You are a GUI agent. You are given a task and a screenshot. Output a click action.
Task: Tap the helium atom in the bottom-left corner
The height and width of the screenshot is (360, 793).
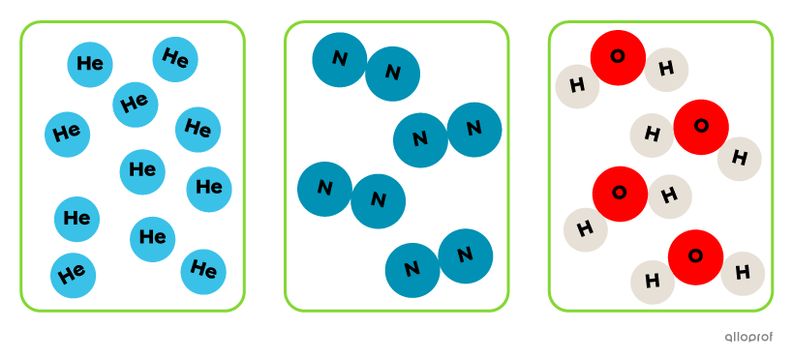click(73, 275)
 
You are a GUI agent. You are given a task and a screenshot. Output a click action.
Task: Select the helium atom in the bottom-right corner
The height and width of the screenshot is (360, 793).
click(203, 271)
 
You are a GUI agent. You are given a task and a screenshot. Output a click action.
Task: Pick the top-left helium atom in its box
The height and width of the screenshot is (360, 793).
click(90, 64)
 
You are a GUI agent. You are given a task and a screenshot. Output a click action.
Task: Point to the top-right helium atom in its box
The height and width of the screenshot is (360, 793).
click(175, 59)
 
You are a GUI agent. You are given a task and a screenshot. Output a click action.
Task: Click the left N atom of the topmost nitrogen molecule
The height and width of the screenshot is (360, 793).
click(339, 59)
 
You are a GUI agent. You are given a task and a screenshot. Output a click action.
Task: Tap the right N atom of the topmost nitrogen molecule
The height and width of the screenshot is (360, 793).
click(392, 73)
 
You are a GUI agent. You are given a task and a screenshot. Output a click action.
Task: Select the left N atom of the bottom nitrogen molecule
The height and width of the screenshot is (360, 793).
click(412, 269)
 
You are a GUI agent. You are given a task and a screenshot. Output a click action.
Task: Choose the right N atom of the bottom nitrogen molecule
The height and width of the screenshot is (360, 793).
click(465, 255)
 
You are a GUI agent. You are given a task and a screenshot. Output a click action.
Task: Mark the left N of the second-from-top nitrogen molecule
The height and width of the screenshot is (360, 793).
click(420, 139)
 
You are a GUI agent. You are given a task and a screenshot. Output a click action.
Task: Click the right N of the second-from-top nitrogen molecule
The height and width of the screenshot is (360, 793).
click(473, 129)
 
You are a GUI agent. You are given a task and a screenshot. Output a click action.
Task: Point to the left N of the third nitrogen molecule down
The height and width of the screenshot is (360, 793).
click(324, 189)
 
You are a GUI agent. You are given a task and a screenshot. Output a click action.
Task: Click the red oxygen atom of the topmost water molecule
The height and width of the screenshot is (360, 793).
click(618, 57)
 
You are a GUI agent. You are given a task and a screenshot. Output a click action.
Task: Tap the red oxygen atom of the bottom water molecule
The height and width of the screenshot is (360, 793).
click(695, 256)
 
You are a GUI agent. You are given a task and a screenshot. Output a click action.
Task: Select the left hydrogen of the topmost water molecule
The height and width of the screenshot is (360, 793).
click(578, 86)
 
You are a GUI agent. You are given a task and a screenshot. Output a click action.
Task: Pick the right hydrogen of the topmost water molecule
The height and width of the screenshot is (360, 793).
click(666, 70)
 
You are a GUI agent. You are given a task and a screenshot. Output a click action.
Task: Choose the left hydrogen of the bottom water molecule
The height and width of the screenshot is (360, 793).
click(653, 282)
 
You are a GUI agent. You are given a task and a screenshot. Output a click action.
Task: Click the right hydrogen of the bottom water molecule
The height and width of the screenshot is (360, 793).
click(743, 273)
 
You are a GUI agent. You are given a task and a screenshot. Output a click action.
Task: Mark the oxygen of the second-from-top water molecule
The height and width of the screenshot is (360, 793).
click(700, 127)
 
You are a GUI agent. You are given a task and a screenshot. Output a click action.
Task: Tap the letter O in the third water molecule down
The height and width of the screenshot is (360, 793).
click(619, 193)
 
